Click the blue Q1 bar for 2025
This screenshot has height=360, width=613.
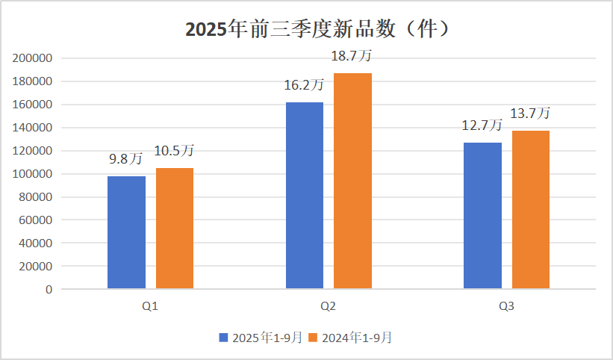coord(126,232)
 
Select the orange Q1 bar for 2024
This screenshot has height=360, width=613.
coord(175,229)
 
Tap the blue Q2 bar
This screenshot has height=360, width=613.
coord(305,196)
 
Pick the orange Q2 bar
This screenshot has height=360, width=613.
coord(352,181)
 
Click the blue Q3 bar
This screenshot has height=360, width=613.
coord(482,216)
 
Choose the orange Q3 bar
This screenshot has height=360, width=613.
coord(531,210)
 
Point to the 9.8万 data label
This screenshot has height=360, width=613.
coord(125,158)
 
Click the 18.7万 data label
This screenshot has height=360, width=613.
coord(352,55)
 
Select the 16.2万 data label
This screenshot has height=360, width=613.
coord(304,85)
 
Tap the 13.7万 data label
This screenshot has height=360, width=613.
coord(530,114)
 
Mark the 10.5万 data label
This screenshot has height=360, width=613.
coord(174,150)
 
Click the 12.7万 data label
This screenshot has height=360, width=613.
coord(482,125)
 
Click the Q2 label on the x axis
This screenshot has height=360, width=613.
coord(328,306)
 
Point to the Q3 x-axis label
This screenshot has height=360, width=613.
coord(506,306)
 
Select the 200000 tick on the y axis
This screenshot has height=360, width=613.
coord(32,58)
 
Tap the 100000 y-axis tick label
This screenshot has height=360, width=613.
coord(32,174)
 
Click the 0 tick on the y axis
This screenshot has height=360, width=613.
coord(49,290)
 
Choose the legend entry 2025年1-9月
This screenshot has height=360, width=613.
coord(261,338)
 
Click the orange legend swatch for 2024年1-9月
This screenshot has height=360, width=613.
coord(313,338)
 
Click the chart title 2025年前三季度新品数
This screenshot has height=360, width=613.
coord(290,29)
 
